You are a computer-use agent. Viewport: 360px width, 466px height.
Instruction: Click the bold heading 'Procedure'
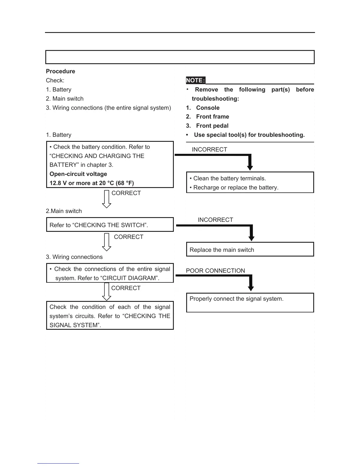[x=60, y=71]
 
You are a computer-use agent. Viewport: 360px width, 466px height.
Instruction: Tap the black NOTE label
[x=195, y=80]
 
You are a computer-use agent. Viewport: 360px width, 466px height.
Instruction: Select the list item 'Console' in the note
[x=208, y=108]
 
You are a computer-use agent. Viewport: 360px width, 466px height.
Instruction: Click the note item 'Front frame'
[x=212, y=116]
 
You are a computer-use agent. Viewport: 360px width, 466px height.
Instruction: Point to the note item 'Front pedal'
[x=212, y=126]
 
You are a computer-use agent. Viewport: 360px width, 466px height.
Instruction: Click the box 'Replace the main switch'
[x=250, y=249]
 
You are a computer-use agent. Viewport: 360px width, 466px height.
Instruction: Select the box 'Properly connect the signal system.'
[x=250, y=302]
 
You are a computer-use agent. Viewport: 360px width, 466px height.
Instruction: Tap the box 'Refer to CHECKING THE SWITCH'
[x=110, y=225]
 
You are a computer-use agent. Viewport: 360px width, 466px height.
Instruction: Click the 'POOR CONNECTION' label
[x=215, y=271]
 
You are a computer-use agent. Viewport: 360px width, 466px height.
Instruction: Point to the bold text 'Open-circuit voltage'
[x=78, y=174]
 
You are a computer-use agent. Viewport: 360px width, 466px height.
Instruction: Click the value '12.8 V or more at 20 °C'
[x=91, y=183]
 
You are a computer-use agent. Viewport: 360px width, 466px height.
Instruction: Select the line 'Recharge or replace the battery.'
[x=236, y=187]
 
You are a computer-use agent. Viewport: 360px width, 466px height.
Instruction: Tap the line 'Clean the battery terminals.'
[x=229, y=178]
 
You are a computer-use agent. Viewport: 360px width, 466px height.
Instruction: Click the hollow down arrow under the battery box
[x=106, y=199]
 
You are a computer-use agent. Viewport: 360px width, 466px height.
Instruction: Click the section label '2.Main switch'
[x=64, y=211]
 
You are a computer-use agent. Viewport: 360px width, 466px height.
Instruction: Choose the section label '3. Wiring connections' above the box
[x=74, y=257]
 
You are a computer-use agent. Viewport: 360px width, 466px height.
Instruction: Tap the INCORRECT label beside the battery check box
[x=209, y=149]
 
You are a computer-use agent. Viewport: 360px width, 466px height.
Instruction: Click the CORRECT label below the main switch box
[x=129, y=237]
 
